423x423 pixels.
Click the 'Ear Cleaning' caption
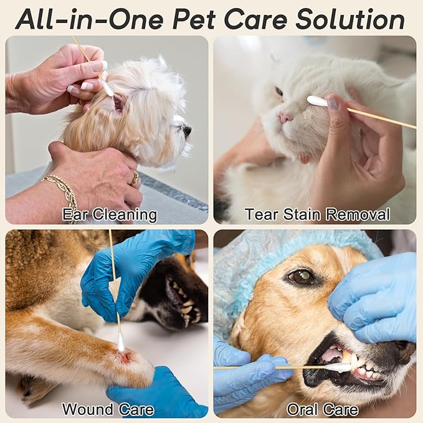pos(110,215)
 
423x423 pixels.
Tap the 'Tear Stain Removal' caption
pos(317,215)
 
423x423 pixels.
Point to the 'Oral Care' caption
pos(322,409)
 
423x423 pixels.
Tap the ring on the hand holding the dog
pos(136,178)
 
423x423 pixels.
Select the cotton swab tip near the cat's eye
pos(318,101)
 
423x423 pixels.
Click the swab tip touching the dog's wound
pos(121,341)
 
